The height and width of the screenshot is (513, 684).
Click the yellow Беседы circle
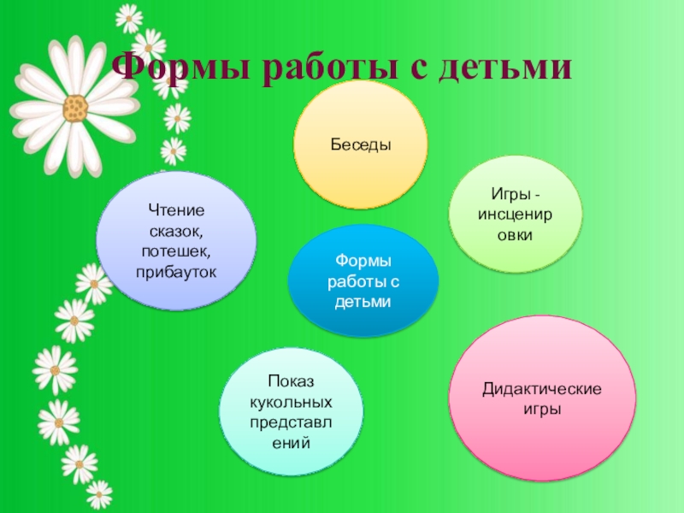pos(360,145)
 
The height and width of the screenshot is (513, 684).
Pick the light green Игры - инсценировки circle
pos(516,215)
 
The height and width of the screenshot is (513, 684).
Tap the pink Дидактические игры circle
pos(542,398)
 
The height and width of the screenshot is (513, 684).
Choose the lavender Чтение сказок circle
pos(177,240)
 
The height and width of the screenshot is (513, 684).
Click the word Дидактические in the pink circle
pos(542,390)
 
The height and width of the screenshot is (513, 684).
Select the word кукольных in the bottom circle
pos(292,401)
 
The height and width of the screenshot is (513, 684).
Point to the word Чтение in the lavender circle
pos(177,210)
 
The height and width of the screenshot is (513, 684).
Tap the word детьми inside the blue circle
pos(363,302)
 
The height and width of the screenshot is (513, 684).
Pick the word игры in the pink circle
pos(542,410)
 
